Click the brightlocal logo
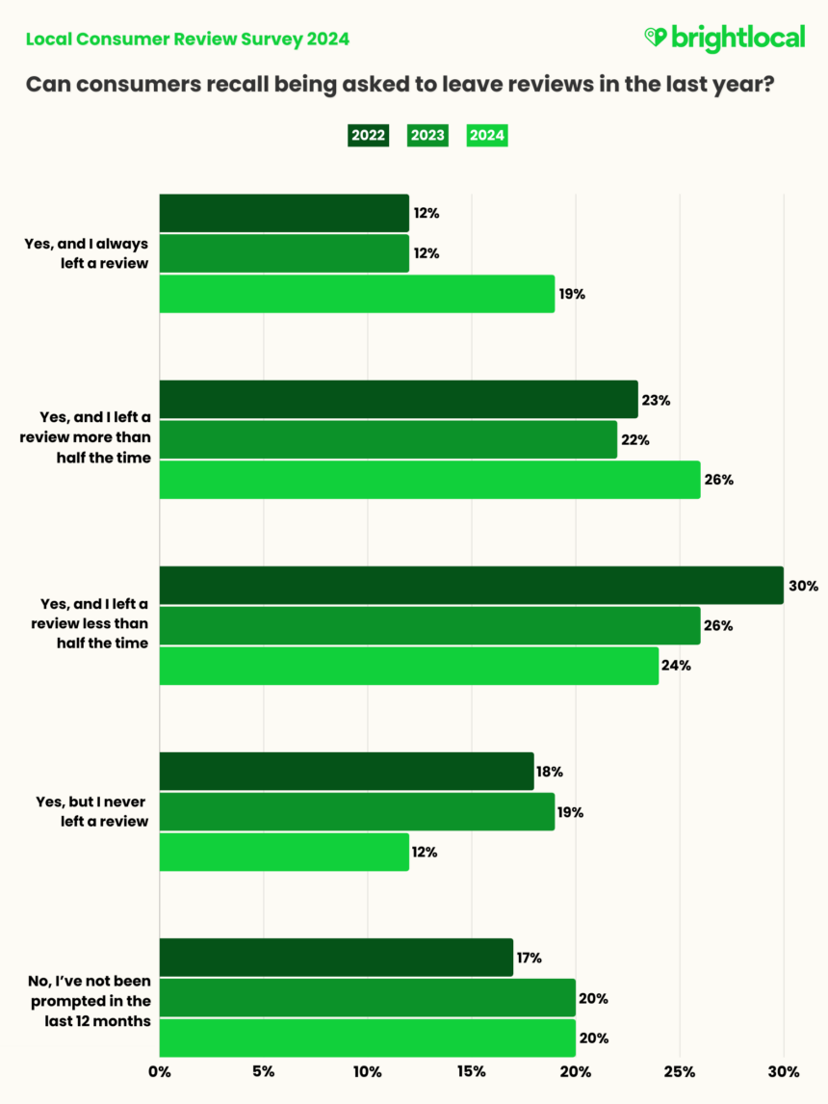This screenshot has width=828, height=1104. click(724, 39)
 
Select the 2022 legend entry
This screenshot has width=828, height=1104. click(368, 135)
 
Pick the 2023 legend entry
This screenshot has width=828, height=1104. click(427, 135)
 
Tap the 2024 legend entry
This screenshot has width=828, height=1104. click(487, 135)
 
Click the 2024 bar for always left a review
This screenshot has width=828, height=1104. click(356, 294)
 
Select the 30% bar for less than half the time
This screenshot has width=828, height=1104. click(471, 586)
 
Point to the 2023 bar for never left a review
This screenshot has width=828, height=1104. click(356, 812)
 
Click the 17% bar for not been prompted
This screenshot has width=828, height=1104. click(336, 958)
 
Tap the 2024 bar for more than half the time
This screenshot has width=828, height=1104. click(429, 480)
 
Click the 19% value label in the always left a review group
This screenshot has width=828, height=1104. click(572, 294)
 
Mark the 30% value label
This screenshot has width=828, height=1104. click(804, 586)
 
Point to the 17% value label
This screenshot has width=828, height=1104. click(530, 958)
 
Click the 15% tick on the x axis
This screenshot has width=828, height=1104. click(471, 1071)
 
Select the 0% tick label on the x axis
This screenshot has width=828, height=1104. click(159, 1071)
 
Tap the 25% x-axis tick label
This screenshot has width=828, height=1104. click(680, 1071)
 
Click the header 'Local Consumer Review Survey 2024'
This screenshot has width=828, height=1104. click(188, 39)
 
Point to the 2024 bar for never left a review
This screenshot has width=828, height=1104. click(284, 853)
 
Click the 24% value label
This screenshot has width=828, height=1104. click(677, 666)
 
